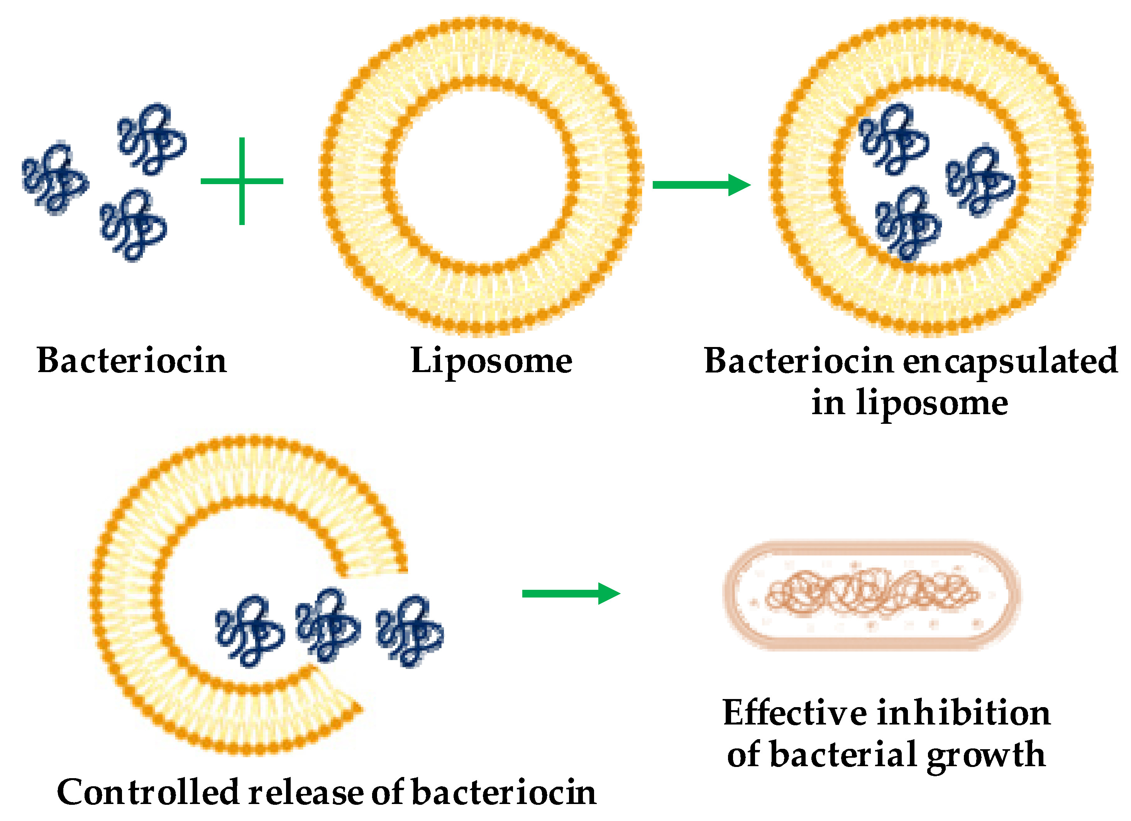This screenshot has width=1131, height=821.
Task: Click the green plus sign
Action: tap(242, 181)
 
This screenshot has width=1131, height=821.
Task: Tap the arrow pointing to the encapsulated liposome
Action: tap(701, 185)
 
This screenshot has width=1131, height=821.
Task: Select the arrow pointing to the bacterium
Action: tap(571, 594)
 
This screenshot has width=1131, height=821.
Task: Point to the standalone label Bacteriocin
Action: tap(132, 360)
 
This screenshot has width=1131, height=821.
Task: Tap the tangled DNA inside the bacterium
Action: tap(872, 594)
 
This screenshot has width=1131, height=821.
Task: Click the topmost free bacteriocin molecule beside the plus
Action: tap(152, 140)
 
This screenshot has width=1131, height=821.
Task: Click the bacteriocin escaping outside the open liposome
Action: tap(410, 631)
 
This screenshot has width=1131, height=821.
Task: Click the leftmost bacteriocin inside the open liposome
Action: tap(249, 631)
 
